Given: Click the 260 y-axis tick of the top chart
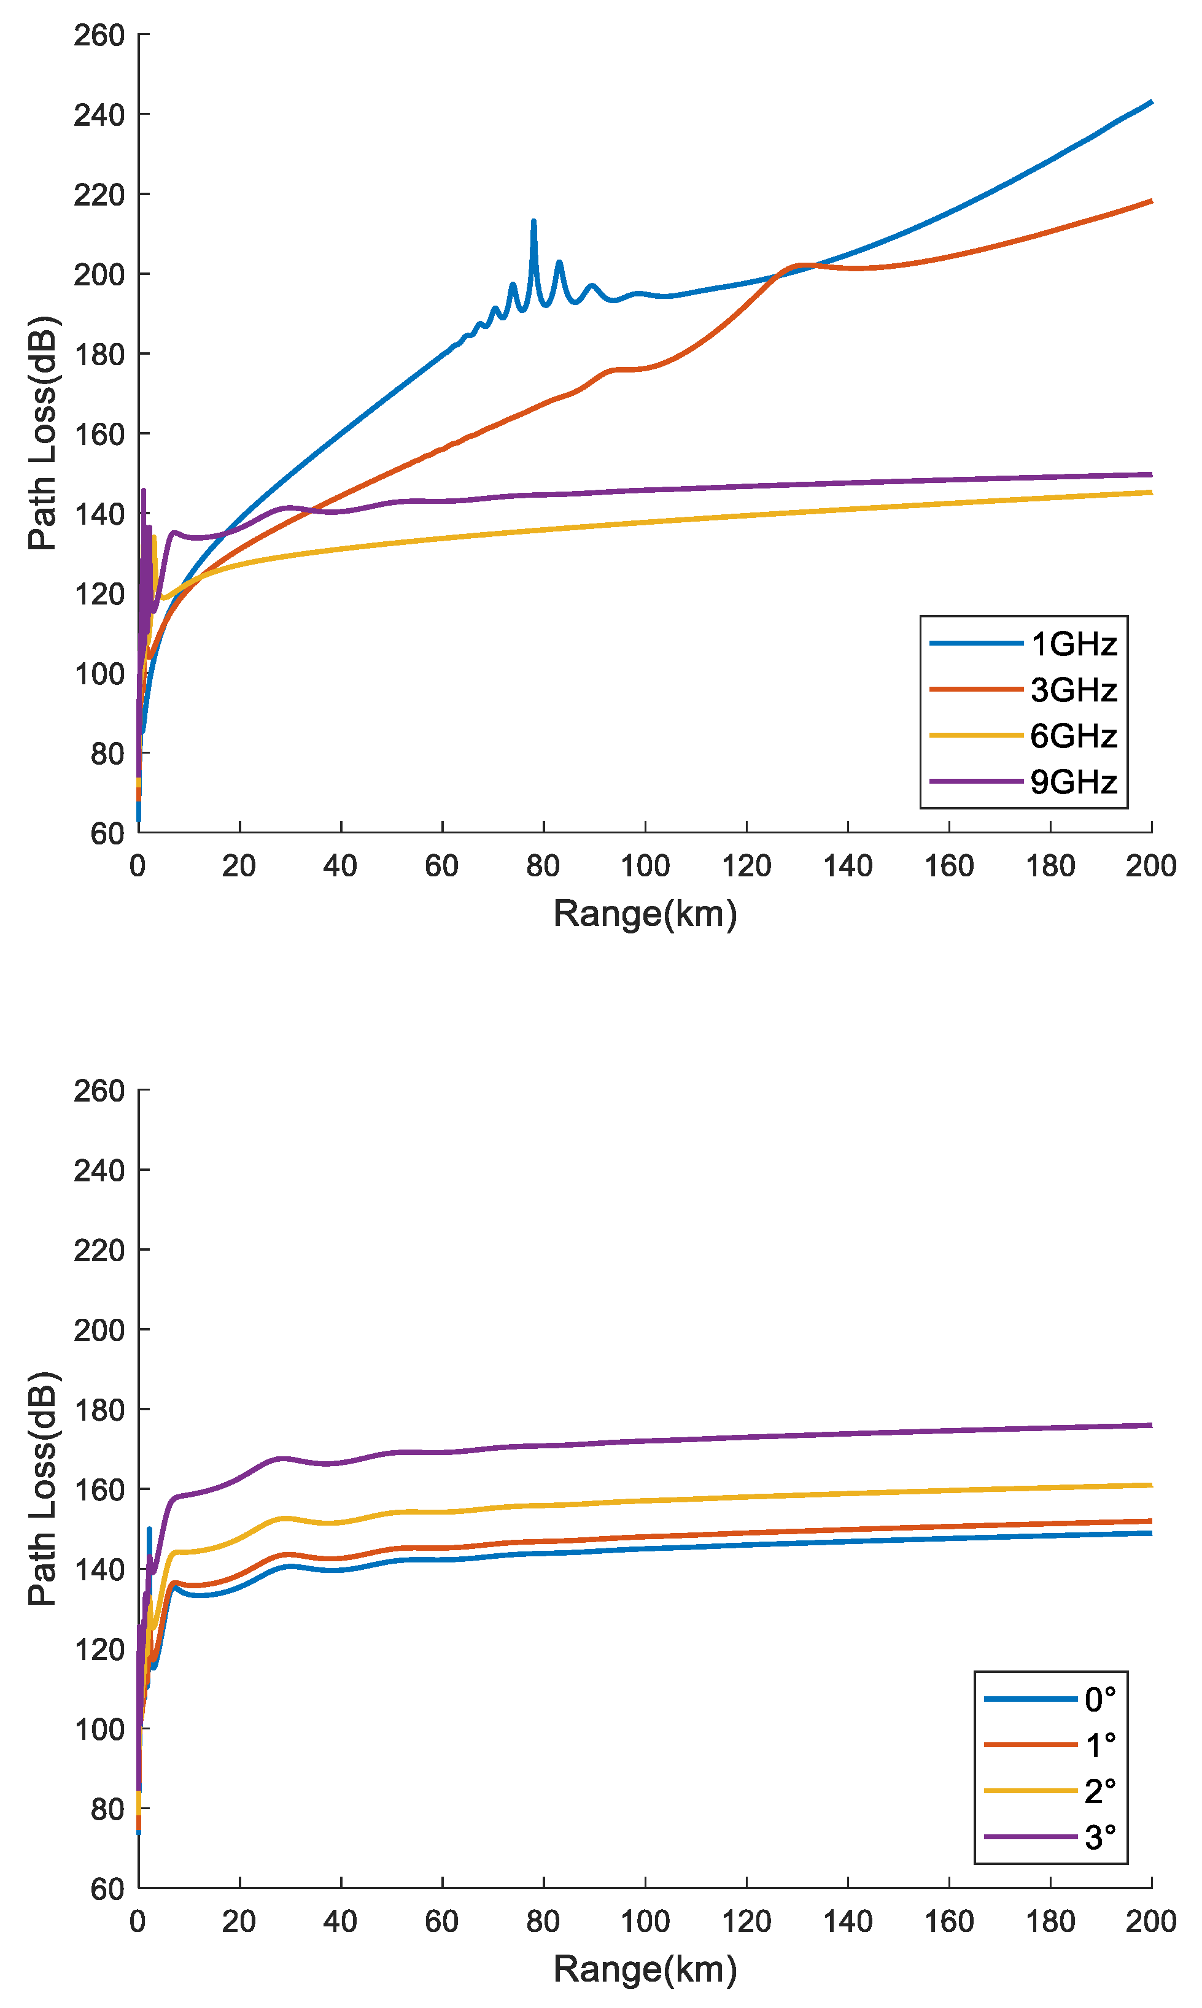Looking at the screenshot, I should [99, 36].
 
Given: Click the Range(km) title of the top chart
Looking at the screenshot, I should [645, 913].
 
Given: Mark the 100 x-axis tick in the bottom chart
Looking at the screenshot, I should [645, 1921].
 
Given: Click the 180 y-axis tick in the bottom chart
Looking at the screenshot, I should [99, 1410].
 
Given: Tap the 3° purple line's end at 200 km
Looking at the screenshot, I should [1150, 1425].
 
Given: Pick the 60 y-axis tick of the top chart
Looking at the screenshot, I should [107, 833].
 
